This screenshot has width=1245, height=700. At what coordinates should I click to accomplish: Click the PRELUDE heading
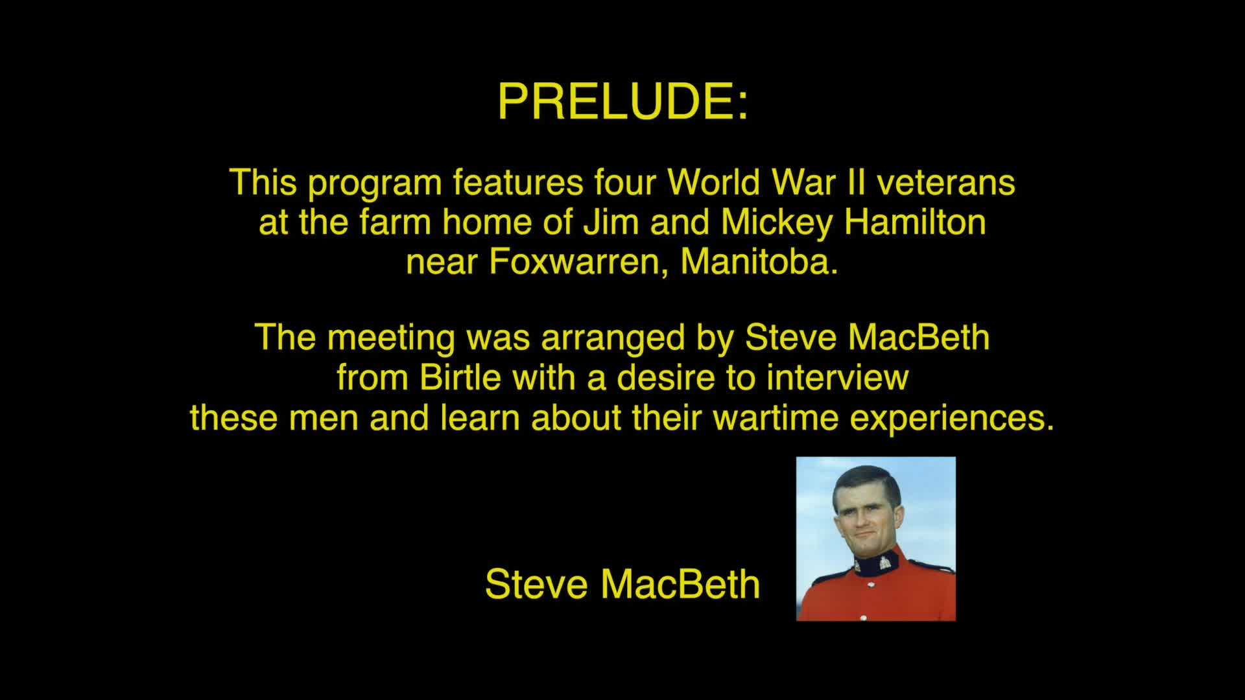(622, 102)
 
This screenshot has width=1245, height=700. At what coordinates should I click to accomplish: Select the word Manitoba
(759, 262)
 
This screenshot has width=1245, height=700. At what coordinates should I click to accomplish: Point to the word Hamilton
(915, 222)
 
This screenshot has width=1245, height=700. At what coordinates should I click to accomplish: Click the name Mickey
(777, 222)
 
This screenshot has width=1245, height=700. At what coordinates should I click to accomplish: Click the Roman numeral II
(856, 183)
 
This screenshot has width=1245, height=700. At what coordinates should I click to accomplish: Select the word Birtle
(460, 377)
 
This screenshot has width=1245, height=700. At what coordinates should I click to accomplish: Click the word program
(374, 184)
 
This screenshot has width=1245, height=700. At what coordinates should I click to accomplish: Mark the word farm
(395, 222)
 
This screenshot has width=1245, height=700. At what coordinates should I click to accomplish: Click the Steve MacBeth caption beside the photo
(622, 584)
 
